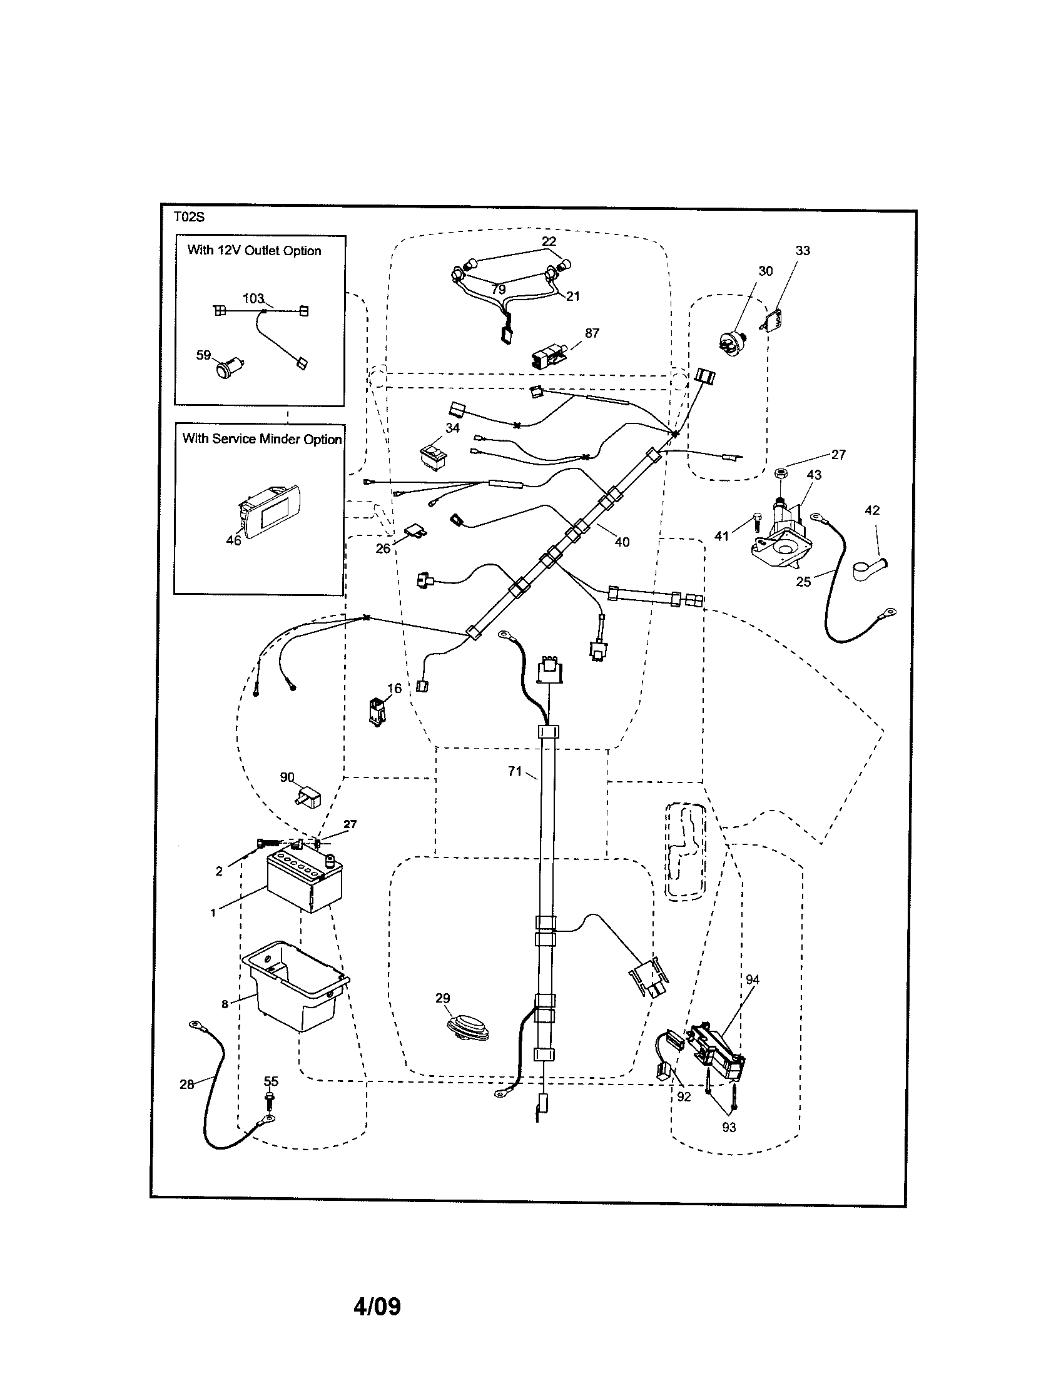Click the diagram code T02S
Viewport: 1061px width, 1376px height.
189,218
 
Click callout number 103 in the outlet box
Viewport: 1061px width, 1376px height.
253,298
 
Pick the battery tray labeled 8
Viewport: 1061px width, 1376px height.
294,990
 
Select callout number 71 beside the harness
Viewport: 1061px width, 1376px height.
515,771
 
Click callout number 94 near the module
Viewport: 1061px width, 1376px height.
753,979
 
